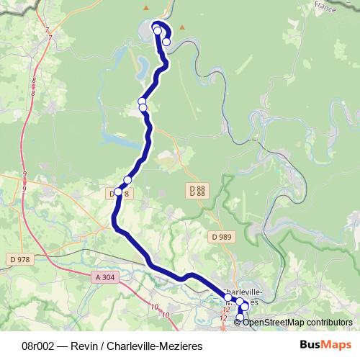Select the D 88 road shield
(x=195, y=190)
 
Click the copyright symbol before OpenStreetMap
(x=238, y=322)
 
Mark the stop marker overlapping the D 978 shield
(x=118, y=192)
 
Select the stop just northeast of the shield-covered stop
(x=127, y=180)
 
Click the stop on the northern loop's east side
(x=166, y=42)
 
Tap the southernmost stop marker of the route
(x=240, y=318)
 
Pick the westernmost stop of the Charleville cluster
(x=228, y=297)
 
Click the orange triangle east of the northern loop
(x=183, y=27)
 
